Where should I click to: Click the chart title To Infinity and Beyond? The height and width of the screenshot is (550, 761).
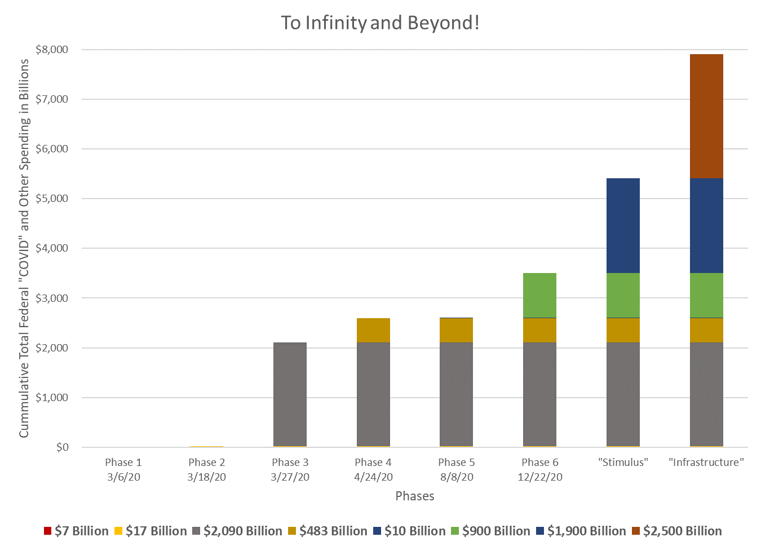point(380,23)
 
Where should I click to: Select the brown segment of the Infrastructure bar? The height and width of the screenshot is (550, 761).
point(706,116)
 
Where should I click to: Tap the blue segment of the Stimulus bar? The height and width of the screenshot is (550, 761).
point(623,226)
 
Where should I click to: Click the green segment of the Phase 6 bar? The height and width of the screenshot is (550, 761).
point(539,295)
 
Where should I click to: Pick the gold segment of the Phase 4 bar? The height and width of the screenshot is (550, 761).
point(373,330)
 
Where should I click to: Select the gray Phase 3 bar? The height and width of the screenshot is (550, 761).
point(290,394)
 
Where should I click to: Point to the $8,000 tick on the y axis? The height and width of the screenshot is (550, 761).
point(52,50)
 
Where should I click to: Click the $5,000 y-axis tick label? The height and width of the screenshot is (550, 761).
point(52,199)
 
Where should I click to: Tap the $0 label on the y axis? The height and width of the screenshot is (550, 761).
point(62,447)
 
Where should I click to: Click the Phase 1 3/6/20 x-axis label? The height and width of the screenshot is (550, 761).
point(123,469)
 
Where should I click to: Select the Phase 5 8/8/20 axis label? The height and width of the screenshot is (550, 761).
point(457,469)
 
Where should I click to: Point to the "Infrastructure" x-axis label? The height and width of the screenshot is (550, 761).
point(706,463)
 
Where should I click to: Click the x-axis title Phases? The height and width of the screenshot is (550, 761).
point(415,496)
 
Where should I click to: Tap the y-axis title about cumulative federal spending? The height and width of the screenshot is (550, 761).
point(24,248)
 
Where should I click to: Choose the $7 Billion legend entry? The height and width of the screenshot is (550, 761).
point(76,531)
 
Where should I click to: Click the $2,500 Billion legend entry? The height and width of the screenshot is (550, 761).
point(676,531)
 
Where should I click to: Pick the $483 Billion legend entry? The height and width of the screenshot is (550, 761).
point(328,531)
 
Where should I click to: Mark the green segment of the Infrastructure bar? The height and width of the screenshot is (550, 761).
point(706,295)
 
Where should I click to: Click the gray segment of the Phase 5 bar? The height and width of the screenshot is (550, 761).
point(457,394)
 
